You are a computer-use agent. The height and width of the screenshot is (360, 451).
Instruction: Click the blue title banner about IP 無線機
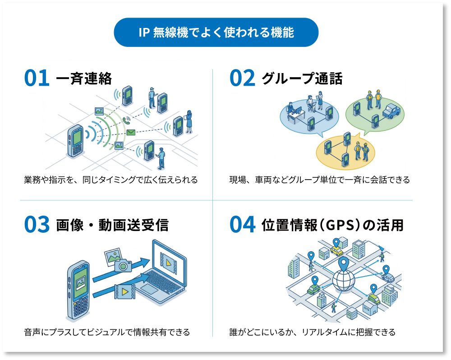pos(216,32)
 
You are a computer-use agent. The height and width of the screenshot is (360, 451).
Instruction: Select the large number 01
pos(36,78)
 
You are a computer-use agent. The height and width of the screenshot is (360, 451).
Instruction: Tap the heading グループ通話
pos(302,78)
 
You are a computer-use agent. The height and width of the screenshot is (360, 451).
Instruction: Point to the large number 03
pos(37,225)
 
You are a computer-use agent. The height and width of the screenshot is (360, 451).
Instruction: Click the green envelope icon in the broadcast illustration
pos(130,132)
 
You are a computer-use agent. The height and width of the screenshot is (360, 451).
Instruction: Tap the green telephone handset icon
pos(127,120)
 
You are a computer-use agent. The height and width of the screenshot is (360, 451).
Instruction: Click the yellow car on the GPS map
pos(336,251)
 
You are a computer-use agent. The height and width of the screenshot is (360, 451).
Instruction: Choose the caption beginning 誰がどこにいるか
pos(312,332)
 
